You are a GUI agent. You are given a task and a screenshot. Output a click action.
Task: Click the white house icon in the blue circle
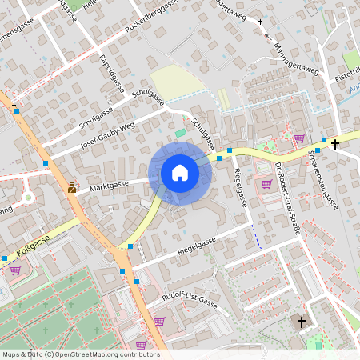pos(179,173)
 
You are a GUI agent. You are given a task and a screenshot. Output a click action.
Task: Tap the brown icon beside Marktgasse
pos(72,187)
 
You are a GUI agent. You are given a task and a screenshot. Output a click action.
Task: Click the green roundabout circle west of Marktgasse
pos(29,197)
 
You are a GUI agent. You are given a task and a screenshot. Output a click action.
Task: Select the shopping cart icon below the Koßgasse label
pos(15,270)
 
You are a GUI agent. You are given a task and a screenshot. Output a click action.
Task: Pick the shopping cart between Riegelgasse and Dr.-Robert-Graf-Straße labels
pos(266,183)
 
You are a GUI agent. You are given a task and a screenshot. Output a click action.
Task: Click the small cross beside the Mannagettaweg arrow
pos(261,22)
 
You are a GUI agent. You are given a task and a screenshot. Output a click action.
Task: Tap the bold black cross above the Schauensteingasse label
pos(335,144)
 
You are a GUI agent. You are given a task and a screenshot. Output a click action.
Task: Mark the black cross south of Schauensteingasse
pos(302,322)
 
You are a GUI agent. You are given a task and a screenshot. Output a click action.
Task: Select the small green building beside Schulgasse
pos(181,133)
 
